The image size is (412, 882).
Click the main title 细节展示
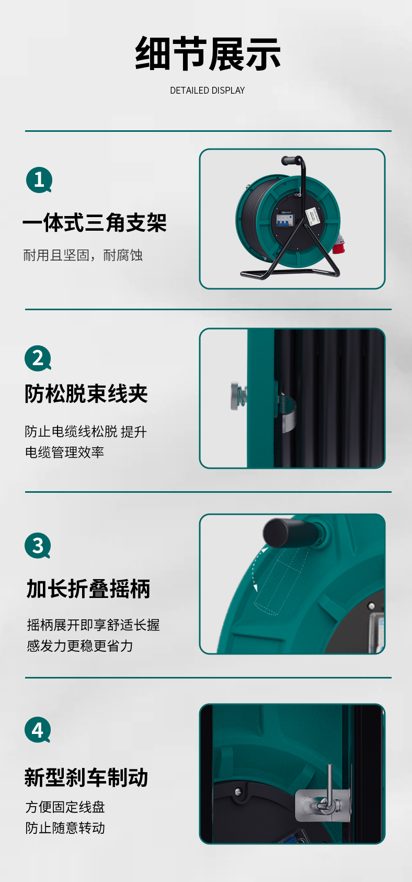coord(208,53)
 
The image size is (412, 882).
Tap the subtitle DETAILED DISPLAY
coord(208,91)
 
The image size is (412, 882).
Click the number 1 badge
coord(39,180)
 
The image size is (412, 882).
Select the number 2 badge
coord(38,358)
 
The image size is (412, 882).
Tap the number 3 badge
coord(38,546)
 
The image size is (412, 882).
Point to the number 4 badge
coord(38,730)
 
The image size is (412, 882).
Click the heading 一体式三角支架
coord(95,222)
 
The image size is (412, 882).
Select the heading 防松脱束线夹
coord(86,394)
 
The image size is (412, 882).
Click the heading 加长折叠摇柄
coord(88,589)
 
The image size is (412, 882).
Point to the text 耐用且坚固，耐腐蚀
coord(83,255)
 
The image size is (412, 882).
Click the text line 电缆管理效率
coord(64,452)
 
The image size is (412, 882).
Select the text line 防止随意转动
coord(65,828)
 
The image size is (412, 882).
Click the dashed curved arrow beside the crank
coord(254,568)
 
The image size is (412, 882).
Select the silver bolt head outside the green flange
coord(238,395)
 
